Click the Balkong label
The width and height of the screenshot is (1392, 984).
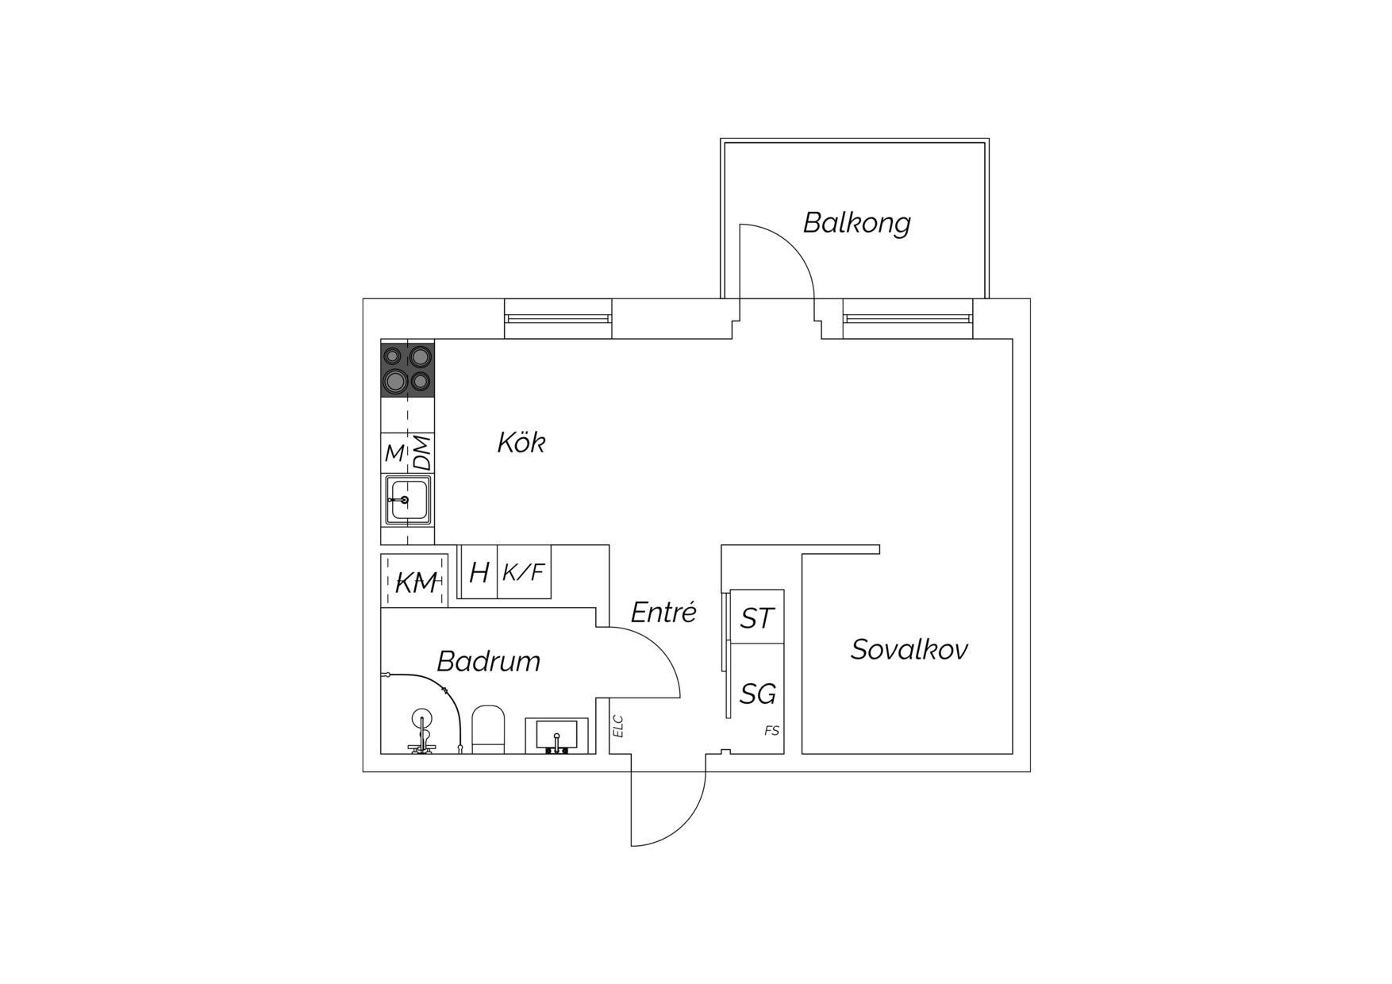point(856,223)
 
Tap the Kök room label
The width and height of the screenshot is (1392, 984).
point(521,443)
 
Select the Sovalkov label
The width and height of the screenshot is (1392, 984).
point(909,650)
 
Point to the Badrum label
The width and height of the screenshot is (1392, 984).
point(489,661)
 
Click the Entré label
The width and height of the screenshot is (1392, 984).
point(663,612)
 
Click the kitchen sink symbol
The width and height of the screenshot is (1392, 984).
point(408,500)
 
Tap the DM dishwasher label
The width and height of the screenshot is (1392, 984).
point(422,452)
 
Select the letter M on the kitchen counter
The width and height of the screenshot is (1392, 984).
point(394,453)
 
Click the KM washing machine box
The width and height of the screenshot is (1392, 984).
point(414,580)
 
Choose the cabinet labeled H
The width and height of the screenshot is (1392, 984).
point(479,572)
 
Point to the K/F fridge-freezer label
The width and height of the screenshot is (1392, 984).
point(524,571)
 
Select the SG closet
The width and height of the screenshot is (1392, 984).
point(757,694)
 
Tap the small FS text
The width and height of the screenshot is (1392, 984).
point(771,731)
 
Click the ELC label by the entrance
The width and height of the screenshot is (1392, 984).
point(618,726)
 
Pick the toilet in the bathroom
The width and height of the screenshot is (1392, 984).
point(488,728)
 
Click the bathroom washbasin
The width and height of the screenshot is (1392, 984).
point(556,736)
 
